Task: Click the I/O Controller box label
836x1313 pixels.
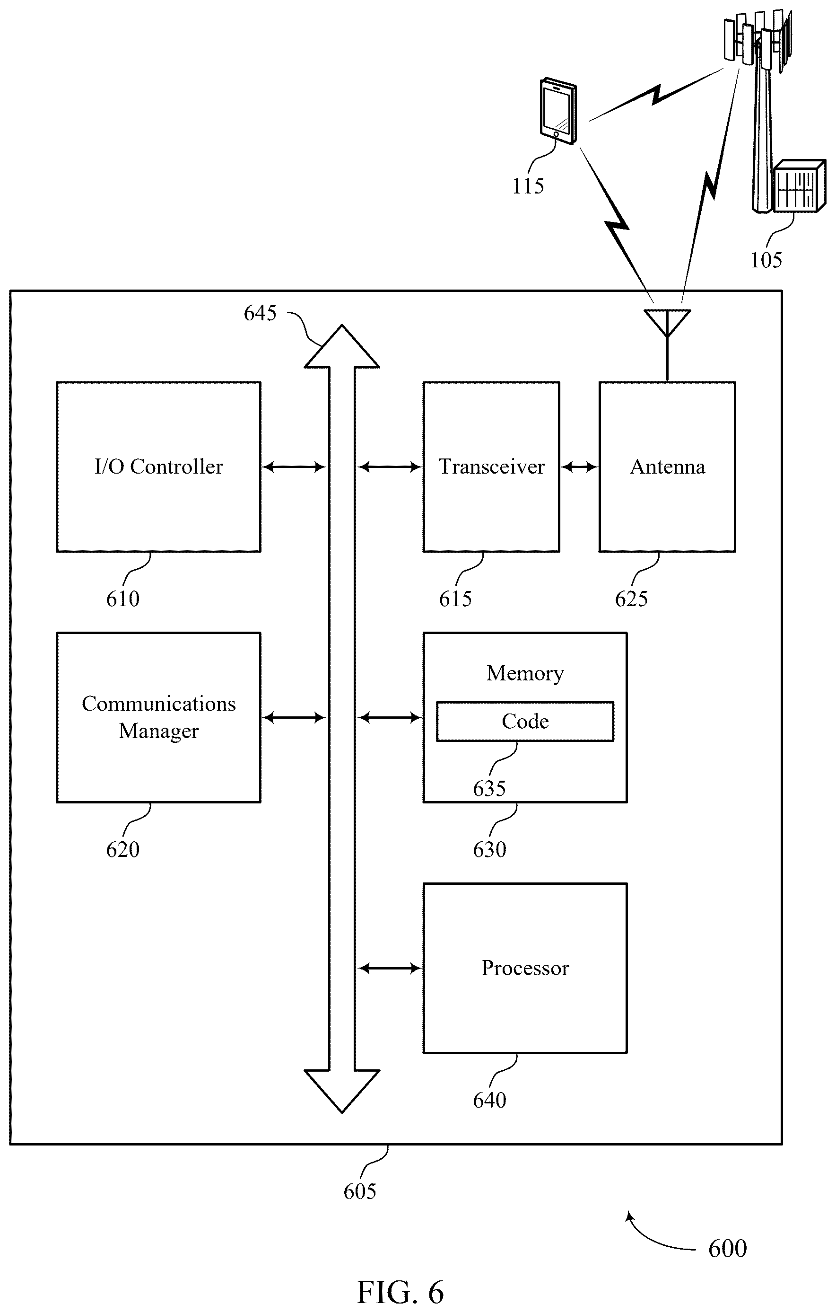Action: pos(158,467)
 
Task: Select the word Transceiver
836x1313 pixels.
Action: pos(492,467)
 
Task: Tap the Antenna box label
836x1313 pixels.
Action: pos(668,467)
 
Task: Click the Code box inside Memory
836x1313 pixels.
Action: pos(525,722)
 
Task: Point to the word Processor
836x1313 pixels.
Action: pos(525,968)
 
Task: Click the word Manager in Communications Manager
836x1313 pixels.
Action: pos(158,731)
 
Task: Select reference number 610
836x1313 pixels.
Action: pos(122,599)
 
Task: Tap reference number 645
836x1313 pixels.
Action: pos(260,313)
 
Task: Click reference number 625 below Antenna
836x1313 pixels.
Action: pos(631,599)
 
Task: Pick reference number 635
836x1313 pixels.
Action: pos(489,788)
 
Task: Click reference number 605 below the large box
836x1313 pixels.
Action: pos(360,1191)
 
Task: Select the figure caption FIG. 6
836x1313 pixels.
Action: pos(401,1292)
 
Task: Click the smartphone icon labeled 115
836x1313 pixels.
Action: pos(558,112)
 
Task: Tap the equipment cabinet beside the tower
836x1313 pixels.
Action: pos(799,186)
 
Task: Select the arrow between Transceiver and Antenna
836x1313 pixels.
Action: pos(579,467)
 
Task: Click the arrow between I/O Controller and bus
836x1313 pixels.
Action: pos(294,467)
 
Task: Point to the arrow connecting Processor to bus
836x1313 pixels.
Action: pos(390,968)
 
